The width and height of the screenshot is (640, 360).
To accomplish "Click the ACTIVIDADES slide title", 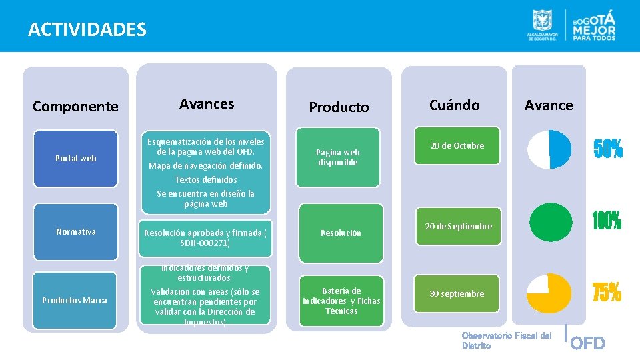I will click(x=87, y=29).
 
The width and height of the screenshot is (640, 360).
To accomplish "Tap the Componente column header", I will click(x=75, y=106).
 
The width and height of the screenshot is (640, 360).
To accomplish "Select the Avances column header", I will click(x=207, y=104).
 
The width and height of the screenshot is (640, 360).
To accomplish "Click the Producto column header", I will click(x=339, y=107).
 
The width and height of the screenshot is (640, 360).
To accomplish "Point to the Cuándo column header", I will click(x=454, y=105).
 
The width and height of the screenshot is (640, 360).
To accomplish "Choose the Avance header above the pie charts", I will click(x=549, y=105).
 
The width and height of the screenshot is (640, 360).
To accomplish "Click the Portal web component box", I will click(x=75, y=158).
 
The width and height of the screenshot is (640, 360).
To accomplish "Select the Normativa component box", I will click(x=75, y=232).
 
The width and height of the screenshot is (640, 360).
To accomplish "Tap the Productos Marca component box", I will click(x=75, y=300).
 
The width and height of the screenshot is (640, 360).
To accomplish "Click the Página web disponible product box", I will click(x=339, y=157).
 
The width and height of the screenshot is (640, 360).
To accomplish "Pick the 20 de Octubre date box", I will click(x=457, y=145).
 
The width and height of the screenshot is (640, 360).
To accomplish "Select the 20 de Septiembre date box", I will click(x=459, y=226).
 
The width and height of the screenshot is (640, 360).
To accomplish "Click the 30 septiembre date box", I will click(x=457, y=293).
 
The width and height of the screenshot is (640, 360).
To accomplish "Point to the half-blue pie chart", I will click(x=549, y=149).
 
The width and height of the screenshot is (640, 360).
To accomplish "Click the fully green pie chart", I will click(x=550, y=223).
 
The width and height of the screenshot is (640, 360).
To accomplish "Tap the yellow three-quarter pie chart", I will click(x=549, y=293).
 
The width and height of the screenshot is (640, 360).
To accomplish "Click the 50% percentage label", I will click(x=608, y=150).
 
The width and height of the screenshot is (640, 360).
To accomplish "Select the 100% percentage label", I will click(x=607, y=221).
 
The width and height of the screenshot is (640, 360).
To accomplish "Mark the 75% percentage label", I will click(x=607, y=292).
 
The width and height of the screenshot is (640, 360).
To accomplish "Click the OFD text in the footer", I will click(x=588, y=343).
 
